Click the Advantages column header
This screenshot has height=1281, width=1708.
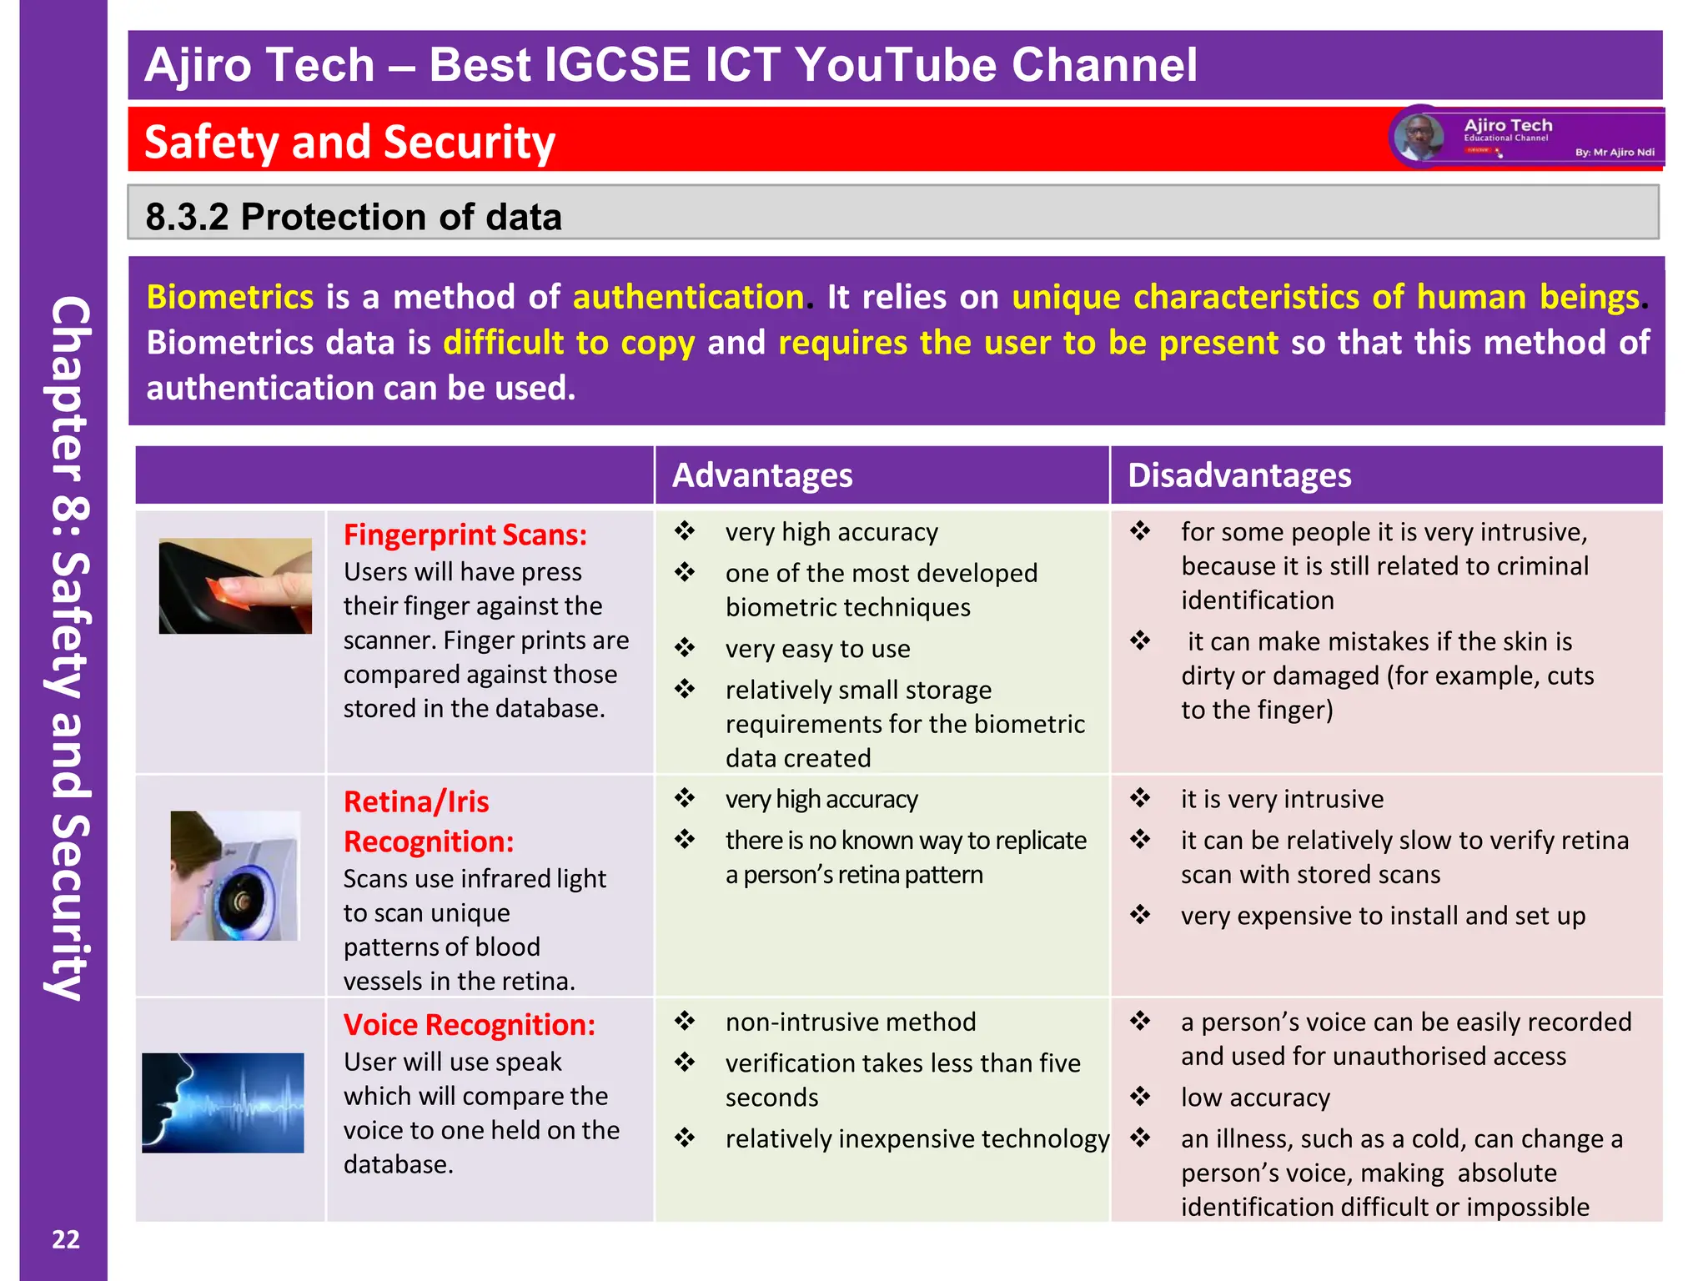point(762,475)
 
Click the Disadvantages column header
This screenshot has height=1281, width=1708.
point(1238,475)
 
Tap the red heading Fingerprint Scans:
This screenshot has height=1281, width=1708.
point(465,535)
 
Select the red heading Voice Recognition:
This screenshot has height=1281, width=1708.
point(470,1025)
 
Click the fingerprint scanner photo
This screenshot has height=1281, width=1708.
point(235,585)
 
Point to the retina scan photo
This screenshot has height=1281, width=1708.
point(235,876)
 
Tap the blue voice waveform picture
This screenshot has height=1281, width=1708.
point(223,1103)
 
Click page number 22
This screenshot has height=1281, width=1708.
point(66,1240)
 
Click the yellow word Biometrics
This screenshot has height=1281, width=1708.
point(230,298)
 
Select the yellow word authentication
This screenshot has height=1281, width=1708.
point(688,298)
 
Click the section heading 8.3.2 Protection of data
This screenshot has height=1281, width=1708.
point(354,217)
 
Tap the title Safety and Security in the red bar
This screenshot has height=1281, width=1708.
point(349,142)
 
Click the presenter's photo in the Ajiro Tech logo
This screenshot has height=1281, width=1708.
point(1419,137)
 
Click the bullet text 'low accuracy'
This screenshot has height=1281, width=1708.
point(1255,1098)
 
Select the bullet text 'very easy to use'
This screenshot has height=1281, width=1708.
point(817,649)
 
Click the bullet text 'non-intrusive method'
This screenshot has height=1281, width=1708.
point(851,1022)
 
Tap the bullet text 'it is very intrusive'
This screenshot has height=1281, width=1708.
point(1282,799)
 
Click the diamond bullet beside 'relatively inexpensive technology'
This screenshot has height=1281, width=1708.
point(685,1138)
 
